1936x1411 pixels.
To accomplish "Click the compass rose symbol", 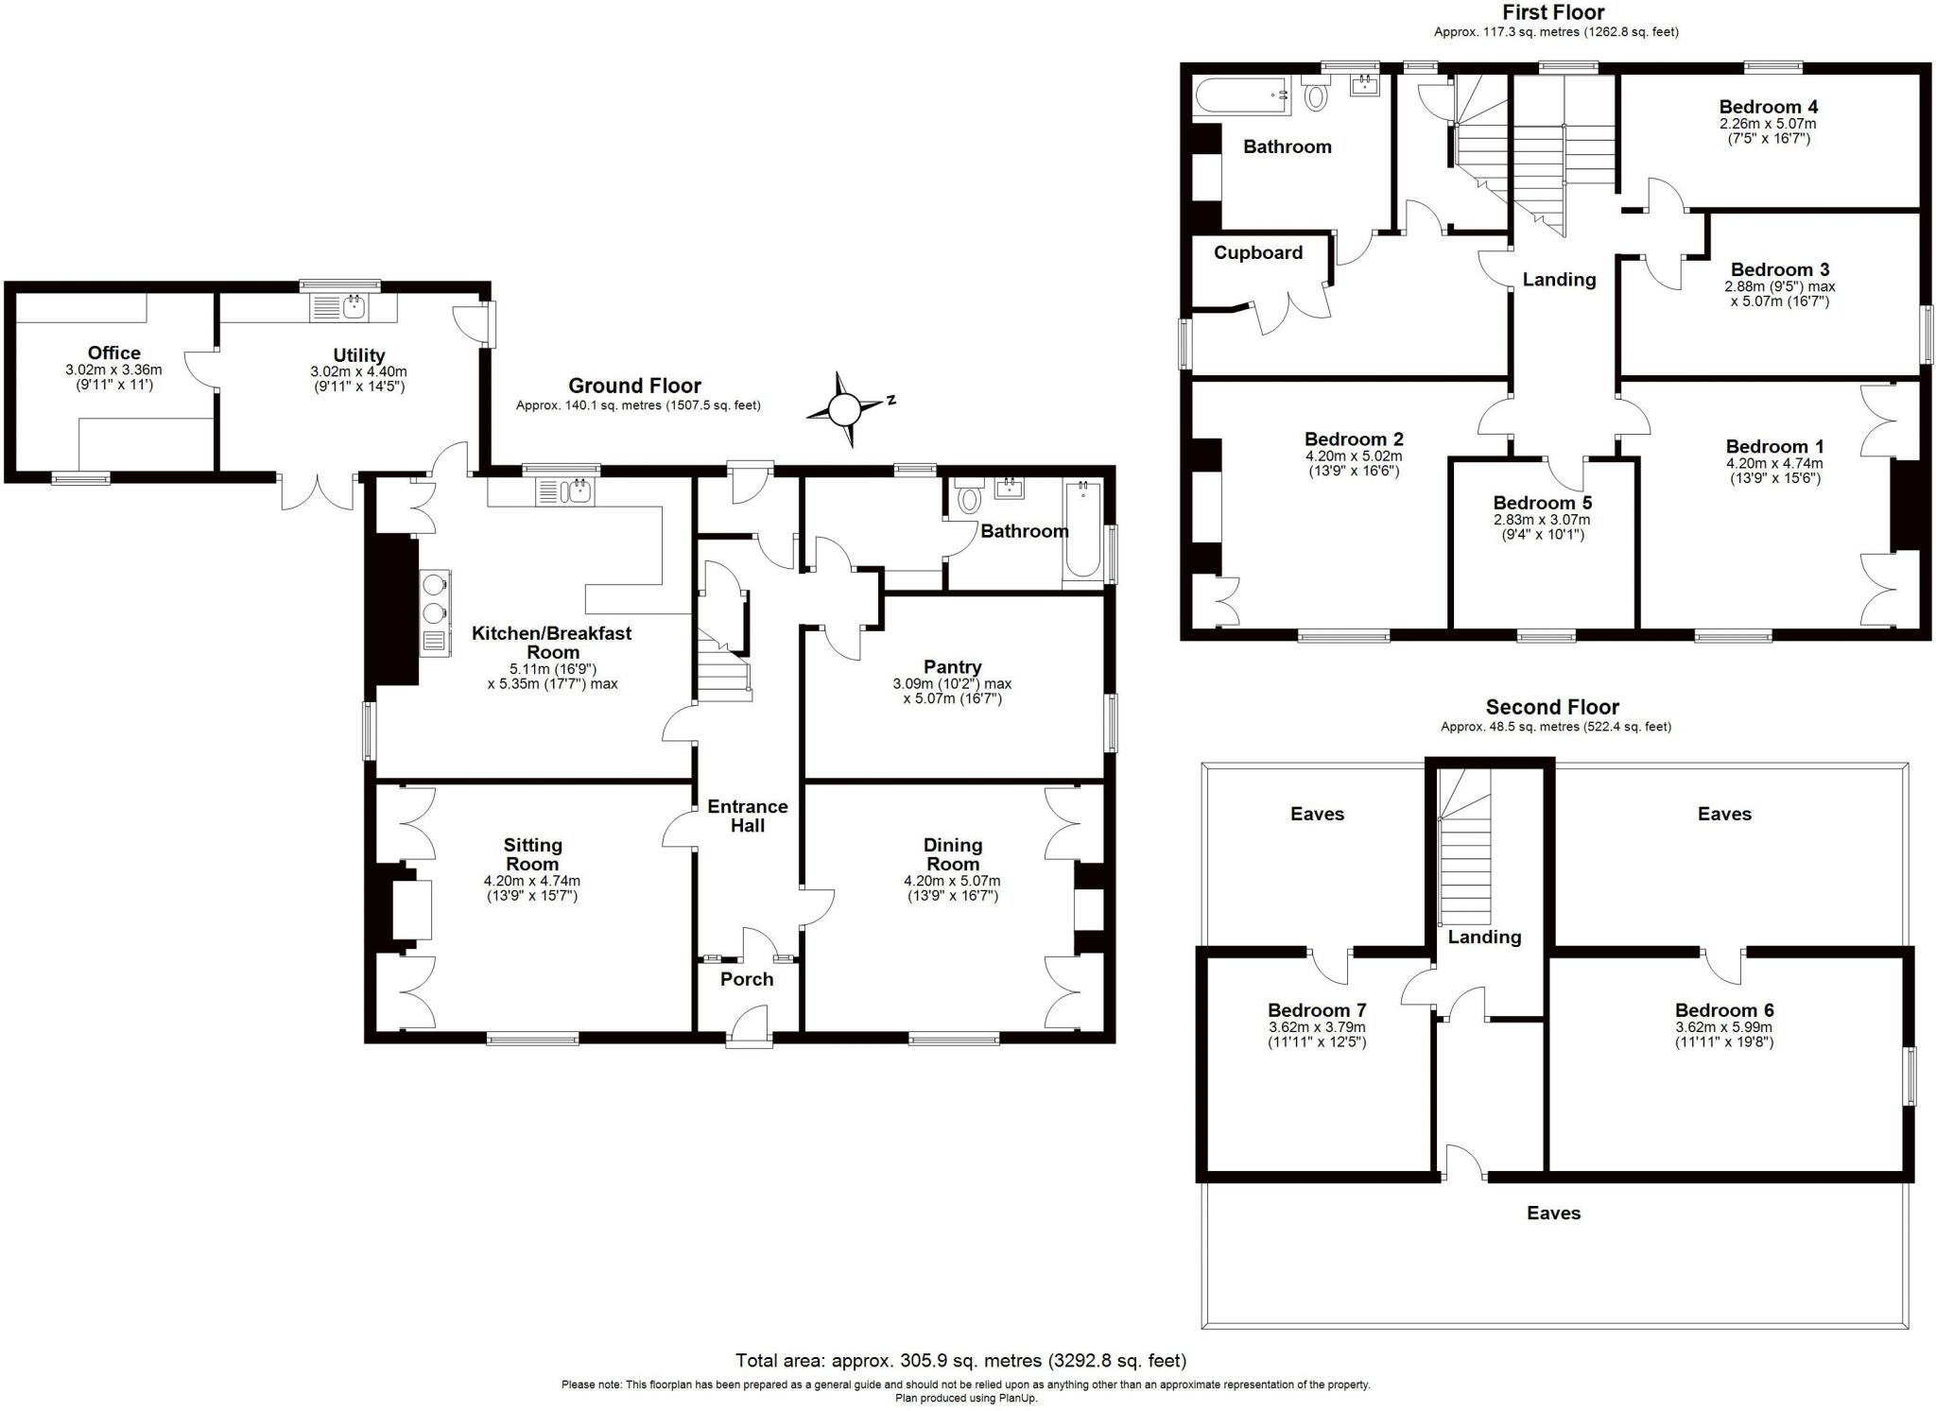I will point(844,409).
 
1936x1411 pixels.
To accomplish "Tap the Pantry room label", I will point(952,667).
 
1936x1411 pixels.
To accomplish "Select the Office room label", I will point(113,353).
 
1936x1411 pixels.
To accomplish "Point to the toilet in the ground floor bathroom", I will point(969,498).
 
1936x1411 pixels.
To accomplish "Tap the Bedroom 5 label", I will point(1541,503).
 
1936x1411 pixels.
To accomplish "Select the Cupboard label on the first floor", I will point(1257,252).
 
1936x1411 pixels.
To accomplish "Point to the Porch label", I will point(747,979).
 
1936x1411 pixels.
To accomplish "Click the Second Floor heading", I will point(1552,707).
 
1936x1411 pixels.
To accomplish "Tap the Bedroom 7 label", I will point(1316,1010).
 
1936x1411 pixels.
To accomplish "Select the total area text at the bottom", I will point(960,1361).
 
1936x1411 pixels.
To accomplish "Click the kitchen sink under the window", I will point(564,491).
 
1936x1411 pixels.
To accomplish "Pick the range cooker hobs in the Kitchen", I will point(435,598).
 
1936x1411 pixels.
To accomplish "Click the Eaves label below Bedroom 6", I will point(1553,1213).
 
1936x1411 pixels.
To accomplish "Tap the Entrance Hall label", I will point(747,816).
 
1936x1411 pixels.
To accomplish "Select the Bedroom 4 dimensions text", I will point(1767,130).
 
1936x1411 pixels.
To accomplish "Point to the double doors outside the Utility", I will point(319,490).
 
